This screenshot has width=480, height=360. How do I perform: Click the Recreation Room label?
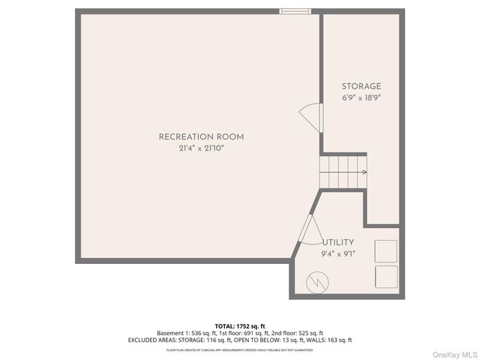point(201,136)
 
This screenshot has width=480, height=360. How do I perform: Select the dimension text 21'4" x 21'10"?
point(201,148)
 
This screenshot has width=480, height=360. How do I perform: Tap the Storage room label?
point(361,86)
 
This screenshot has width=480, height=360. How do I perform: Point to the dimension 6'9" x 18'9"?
point(361,98)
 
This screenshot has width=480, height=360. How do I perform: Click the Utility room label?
point(338,242)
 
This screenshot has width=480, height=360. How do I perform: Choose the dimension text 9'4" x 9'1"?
point(338,253)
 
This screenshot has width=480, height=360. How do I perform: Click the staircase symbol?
point(344,172)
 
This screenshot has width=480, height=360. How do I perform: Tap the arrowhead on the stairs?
point(364,172)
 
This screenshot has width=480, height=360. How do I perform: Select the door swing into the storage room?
point(310,119)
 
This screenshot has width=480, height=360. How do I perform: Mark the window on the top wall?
point(295,11)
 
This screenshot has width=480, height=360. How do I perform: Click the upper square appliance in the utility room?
point(386,250)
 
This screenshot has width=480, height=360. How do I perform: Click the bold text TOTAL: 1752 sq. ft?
point(240,325)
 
